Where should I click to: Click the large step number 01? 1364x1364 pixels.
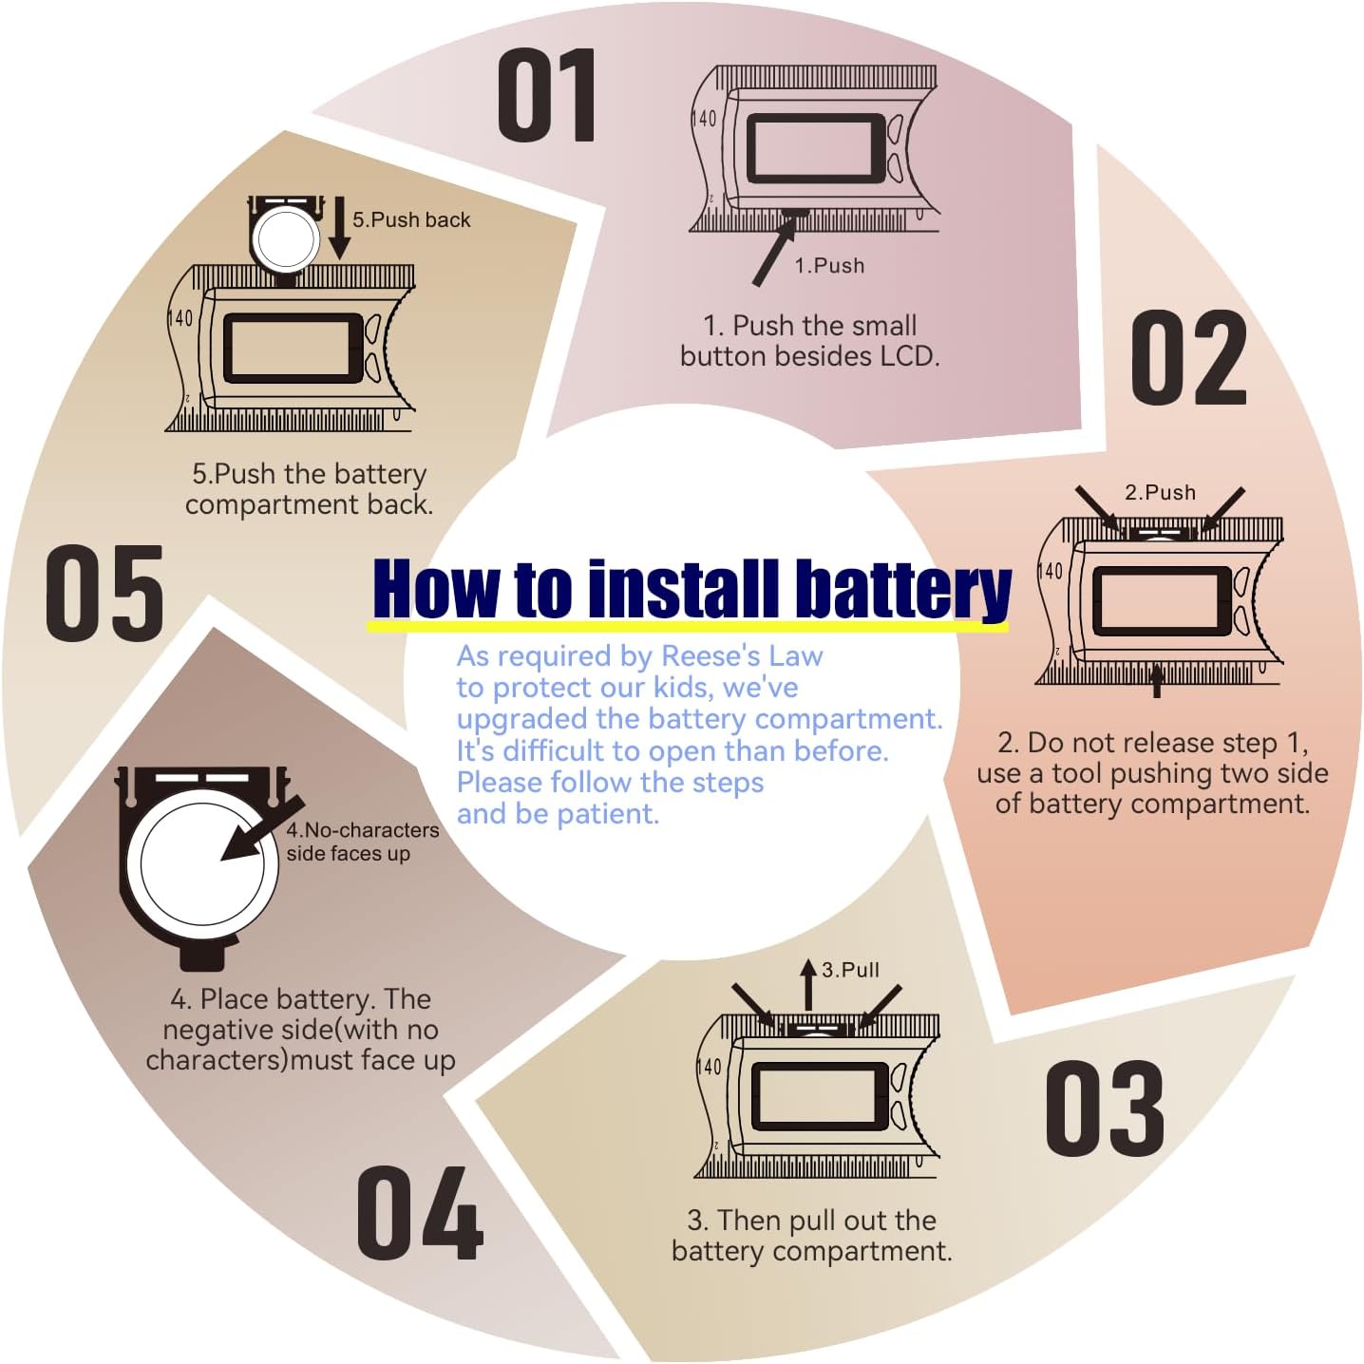[x=546, y=96]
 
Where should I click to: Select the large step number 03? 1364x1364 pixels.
[x=1105, y=1108]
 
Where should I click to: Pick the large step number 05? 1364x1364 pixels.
[x=104, y=593]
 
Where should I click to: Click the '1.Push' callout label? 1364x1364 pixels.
[x=829, y=265]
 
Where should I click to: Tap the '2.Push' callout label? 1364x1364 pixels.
[x=1160, y=492]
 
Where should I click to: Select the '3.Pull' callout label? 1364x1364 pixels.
[x=851, y=969]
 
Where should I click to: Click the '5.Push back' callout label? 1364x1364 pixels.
[x=411, y=219]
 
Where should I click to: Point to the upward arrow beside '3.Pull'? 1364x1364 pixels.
[x=808, y=985]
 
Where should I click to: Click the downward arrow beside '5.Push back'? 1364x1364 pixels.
[x=340, y=228]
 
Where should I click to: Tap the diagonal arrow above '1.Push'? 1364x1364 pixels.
[x=774, y=252]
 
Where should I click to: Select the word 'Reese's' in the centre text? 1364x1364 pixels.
[x=710, y=656]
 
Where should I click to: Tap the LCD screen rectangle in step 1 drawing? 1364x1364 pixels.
[x=816, y=148]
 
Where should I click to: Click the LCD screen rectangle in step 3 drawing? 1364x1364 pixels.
[x=821, y=1097]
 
